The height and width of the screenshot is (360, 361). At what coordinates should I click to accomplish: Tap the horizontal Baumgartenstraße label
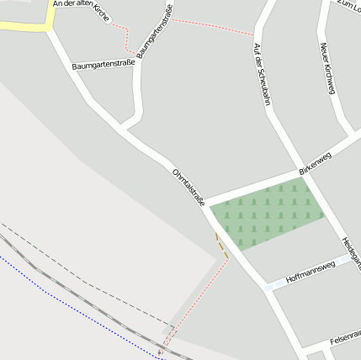(104, 65)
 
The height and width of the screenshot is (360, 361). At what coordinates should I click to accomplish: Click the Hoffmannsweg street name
(311, 270)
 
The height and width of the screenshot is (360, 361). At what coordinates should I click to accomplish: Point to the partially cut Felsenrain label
(345, 335)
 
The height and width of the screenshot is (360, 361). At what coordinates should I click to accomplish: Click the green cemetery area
(266, 216)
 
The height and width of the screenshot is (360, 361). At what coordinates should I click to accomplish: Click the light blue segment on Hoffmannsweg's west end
(270, 286)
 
